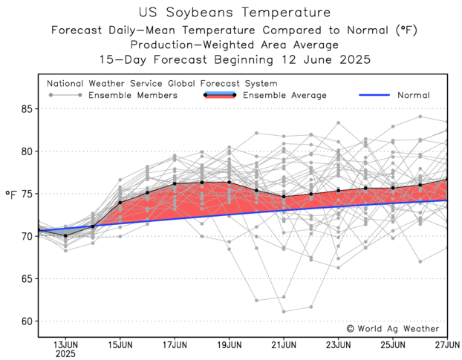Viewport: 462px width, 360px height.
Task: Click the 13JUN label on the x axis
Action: [x=65, y=344]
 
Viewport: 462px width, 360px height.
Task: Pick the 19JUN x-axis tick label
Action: [x=229, y=344]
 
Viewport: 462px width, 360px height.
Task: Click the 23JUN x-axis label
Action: [x=338, y=344]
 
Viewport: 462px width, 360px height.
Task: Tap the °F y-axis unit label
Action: [x=10, y=194]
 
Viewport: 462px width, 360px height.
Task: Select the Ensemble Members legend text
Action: [x=132, y=96]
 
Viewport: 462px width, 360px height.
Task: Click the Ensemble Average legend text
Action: [x=284, y=96]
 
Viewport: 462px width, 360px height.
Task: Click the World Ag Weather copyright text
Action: [x=393, y=328]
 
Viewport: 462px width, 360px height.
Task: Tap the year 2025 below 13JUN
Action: [x=65, y=353]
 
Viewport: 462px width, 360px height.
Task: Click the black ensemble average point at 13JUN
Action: [x=65, y=236]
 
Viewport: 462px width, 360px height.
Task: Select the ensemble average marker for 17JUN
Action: [x=175, y=183]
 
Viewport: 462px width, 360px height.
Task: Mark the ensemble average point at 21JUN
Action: [x=284, y=197]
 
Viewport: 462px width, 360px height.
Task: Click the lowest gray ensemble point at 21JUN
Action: [x=284, y=312]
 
